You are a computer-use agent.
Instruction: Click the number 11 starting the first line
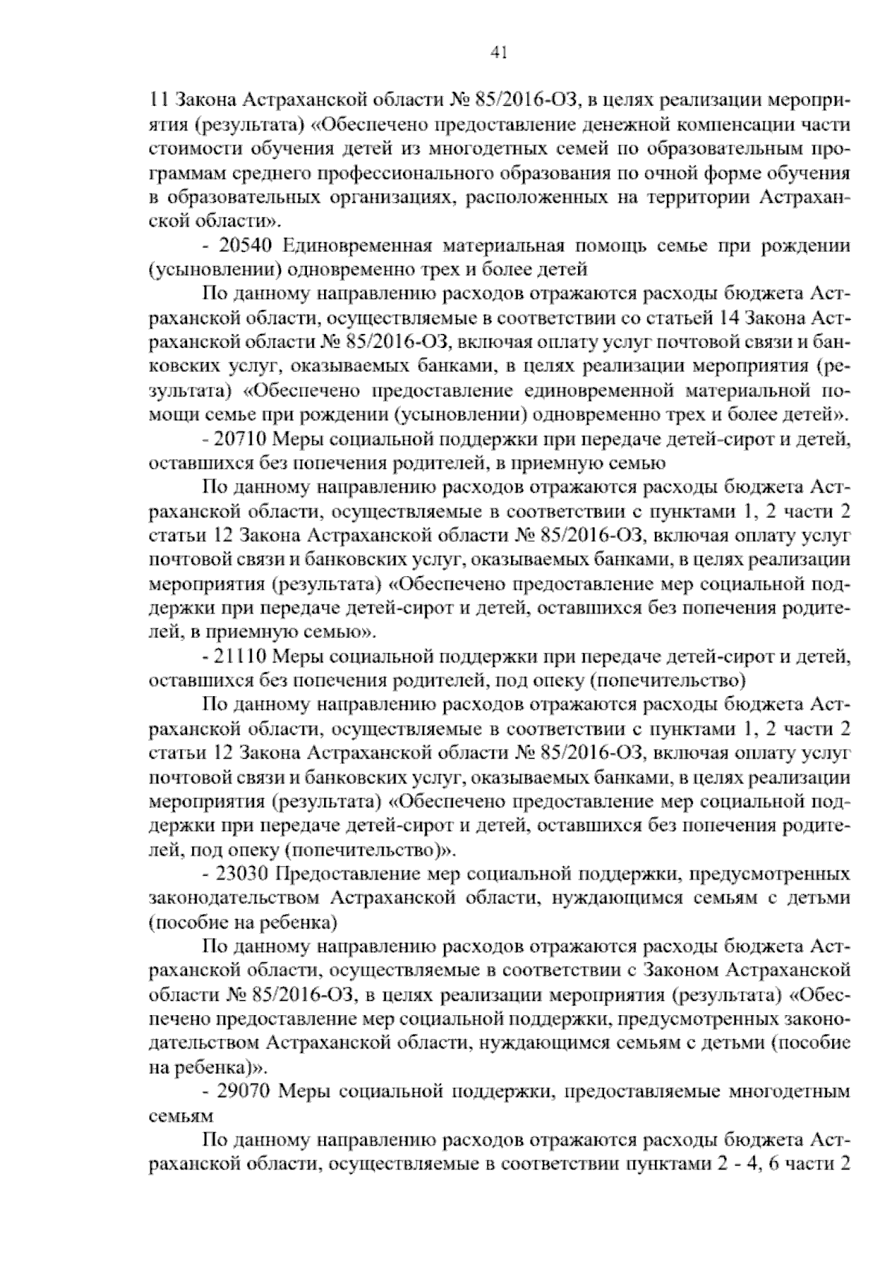pyautogui.click(x=157, y=99)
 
